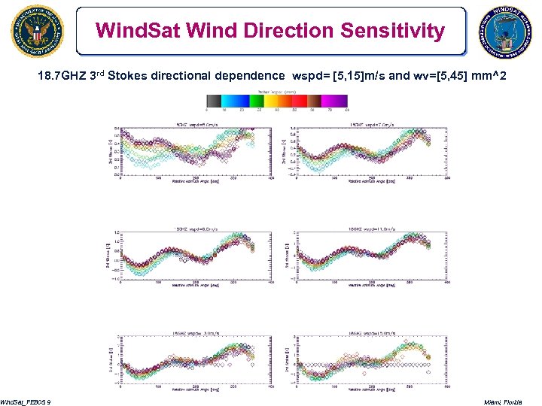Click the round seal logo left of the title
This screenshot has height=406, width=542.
point(38,32)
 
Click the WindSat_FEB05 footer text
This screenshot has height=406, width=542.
point(26,401)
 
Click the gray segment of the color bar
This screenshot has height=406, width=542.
point(212,99)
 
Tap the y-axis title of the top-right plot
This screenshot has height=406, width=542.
point(288,151)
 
